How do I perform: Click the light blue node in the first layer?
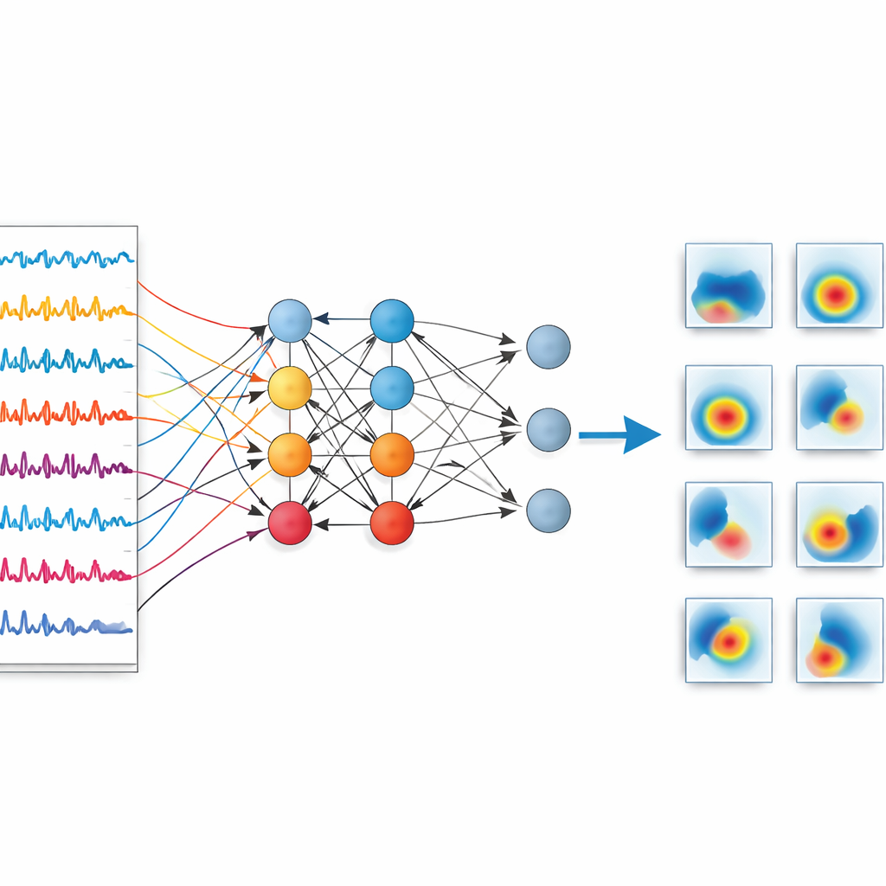pyautogui.click(x=289, y=320)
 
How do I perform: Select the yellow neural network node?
pyautogui.click(x=289, y=387)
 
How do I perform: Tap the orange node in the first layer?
pyautogui.click(x=289, y=455)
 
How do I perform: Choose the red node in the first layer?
pyautogui.click(x=289, y=523)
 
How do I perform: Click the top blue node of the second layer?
pyautogui.click(x=392, y=320)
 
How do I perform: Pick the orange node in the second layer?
pyautogui.click(x=392, y=455)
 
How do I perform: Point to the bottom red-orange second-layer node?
pyautogui.click(x=392, y=523)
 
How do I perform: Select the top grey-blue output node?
pyautogui.click(x=549, y=346)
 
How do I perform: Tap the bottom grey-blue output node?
pyautogui.click(x=549, y=510)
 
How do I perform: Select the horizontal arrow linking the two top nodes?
pyautogui.click(x=341, y=319)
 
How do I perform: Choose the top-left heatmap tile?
pyautogui.click(x=729, y=286)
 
